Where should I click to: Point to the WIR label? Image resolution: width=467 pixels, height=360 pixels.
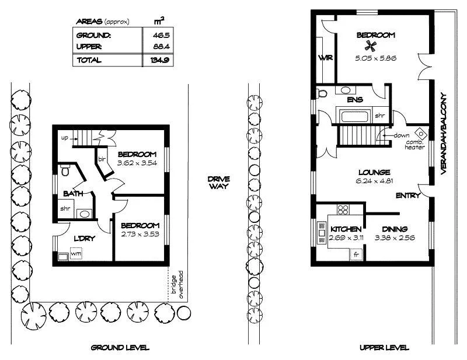325,58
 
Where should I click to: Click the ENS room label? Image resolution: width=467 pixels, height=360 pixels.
355,100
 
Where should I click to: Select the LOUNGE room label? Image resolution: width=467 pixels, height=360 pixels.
374,172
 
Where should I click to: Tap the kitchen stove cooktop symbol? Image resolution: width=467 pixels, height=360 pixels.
343,211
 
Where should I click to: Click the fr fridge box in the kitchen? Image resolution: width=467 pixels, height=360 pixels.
356,254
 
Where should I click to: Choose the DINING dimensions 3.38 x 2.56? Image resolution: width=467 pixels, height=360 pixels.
391,238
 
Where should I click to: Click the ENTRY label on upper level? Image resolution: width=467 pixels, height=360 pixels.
407,195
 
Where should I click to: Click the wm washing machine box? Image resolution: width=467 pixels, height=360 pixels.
76,254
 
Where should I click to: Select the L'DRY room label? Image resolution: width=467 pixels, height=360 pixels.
85,238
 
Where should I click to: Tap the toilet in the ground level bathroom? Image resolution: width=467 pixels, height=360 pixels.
65,171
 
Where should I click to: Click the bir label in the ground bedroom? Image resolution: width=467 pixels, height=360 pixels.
101,159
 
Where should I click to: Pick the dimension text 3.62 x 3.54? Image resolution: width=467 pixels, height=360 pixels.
137,163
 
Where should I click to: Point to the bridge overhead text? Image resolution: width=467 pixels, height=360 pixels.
176,285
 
